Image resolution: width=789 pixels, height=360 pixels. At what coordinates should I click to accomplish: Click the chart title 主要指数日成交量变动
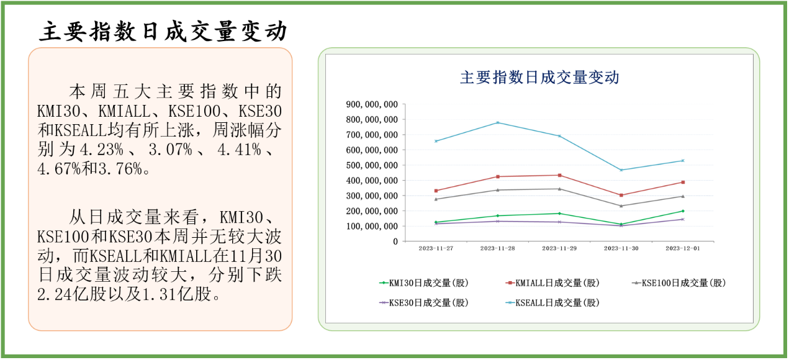(539, 78)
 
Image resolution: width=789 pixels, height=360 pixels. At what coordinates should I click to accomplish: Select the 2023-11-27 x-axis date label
(436, 248)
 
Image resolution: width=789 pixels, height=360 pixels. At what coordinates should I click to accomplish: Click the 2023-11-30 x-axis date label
(621, 248)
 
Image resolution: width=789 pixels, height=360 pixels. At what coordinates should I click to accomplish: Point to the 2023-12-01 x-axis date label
(683, 248)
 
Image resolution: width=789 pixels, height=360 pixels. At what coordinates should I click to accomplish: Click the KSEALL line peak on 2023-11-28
(498, 122)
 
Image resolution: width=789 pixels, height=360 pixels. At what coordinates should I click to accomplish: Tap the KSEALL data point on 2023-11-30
(621, 170)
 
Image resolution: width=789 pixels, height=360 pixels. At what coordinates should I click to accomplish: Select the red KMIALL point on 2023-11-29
(559, 175)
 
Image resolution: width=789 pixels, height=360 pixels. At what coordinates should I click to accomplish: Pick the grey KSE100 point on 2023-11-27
(436, 199)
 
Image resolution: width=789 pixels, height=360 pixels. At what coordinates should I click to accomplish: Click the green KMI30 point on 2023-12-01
(683, 211)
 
